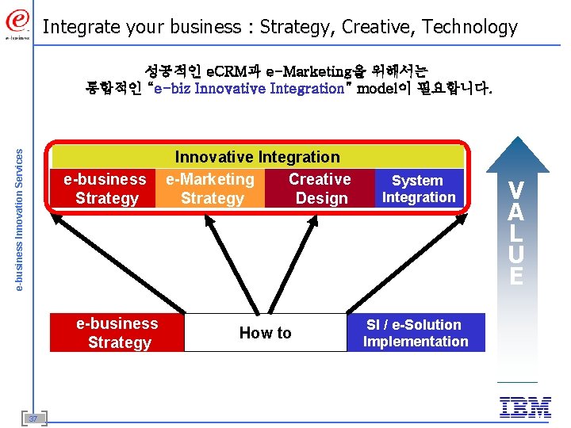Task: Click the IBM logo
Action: [525, 407]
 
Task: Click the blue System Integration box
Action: [419, 189]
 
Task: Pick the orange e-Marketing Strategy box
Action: [211, 189]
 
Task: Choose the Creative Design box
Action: [320, 189]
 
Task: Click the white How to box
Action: [265, 333]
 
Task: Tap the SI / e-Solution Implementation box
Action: [416, 333]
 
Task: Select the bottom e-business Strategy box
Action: [117, 333]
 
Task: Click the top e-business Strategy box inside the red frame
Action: [105, 189]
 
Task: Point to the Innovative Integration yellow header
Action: [257, 157]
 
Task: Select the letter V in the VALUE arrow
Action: [515, 190]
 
